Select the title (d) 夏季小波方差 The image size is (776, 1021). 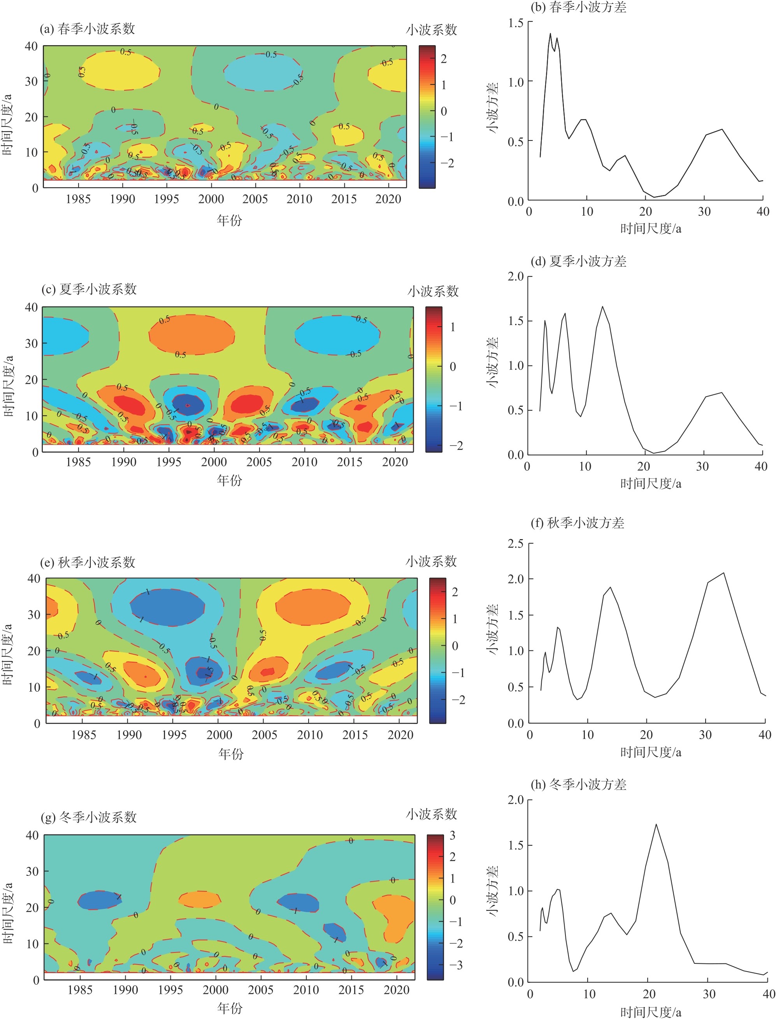(x=578, y=262)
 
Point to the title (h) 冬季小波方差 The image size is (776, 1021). (x=578, y=784)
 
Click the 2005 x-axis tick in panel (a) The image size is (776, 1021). (x=255, y=199)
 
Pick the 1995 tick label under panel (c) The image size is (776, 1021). (x=169, y=462)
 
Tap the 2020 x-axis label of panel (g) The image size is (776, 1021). (x=396, y=989)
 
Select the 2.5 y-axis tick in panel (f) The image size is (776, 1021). (x=516, y=544)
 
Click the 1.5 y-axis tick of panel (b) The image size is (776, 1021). (x=516, y=23)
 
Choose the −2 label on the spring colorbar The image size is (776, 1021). (x=447, y=163)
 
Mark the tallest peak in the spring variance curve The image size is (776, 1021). (x=550, y=33)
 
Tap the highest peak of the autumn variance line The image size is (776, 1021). (x=723, y=573)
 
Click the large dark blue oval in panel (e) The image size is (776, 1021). (x=167, y=607)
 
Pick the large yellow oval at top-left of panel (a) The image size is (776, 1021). (x=121, y=71)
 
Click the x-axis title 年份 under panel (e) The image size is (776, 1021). (x=230, y=754)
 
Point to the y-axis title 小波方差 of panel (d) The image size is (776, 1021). (x=492, y=363)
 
